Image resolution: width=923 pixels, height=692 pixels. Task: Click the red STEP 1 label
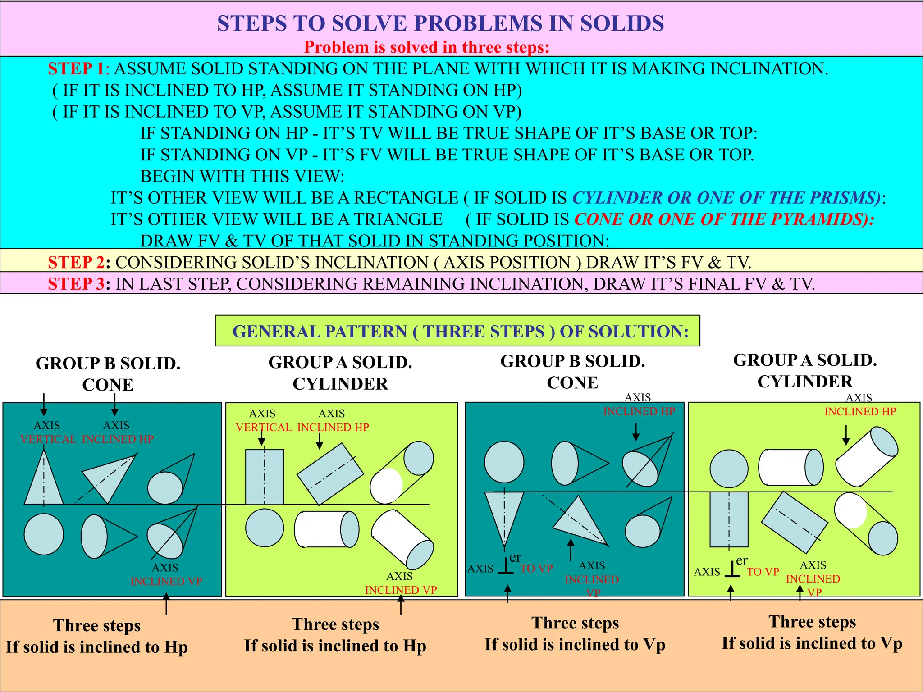[x=77, y=69]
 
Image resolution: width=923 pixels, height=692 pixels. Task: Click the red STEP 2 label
[x=77, y=263]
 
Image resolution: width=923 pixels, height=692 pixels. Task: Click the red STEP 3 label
[x=77, y=284]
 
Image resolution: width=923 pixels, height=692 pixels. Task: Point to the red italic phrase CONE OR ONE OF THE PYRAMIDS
[x=724, y=220]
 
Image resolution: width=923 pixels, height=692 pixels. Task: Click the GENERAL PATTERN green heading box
[x=457, y=331]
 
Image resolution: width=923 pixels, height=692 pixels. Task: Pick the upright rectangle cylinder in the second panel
[x=265, y=478]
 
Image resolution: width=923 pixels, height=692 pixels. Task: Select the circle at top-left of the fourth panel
[x=729, y=469]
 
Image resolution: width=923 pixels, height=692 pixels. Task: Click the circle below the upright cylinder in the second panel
[x=265, y=528]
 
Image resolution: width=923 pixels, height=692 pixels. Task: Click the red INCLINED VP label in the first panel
[x=166, y=582]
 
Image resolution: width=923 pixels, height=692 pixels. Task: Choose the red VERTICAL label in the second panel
[x=264, y=428]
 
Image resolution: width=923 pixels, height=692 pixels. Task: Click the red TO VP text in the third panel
[x=536, y=569]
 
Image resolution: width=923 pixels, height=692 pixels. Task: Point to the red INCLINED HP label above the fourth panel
[x=860, y=412]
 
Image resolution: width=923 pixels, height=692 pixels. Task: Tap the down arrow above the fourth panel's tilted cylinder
[x=846, y=436]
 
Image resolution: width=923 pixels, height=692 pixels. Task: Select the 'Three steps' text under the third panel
[x=575, y=623]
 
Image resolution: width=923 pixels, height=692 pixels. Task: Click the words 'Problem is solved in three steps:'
[x=426, y=47]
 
